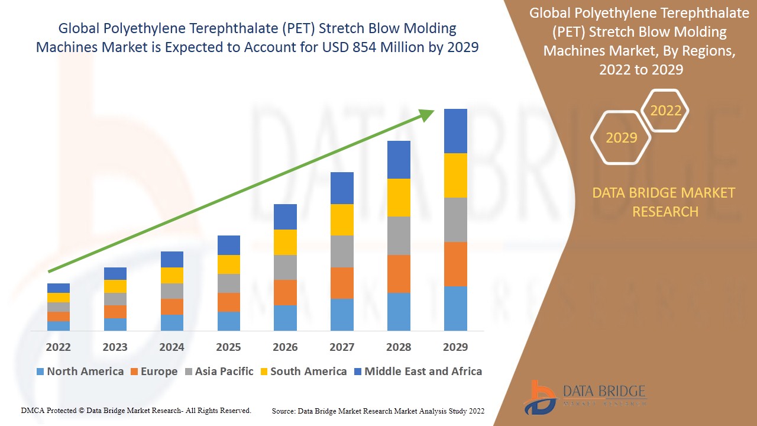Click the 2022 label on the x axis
pyautogui.click(x=59, y=347)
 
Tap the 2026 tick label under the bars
pyautogui.click(x=285, y=347)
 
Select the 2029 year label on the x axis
pyautogui.click(x=455, y=347)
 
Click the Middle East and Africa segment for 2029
pyautogui.click(x=455, y=131)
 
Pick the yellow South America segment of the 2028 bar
pyautogui.click(x=399, y=198)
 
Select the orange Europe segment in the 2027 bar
pyautogui.click(x=342, y=283)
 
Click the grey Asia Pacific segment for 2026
pyautogui.click(x=285, y=267)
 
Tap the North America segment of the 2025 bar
pyautogui.click(x=229, y=321)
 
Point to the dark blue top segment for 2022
pyautogui.click(x=59, y=288)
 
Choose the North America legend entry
pyautogui.click(x=80, y=372)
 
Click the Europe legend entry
pyautogui.click(x=153, y=372)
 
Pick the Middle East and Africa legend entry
pyautogui.click(x=418, y=372)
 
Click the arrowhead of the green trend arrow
pyautogui.click(x=427, y=115)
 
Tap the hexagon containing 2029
pyautogui.click(x=621, y=138)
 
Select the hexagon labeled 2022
pyautogui.click(x=665, y=111)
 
